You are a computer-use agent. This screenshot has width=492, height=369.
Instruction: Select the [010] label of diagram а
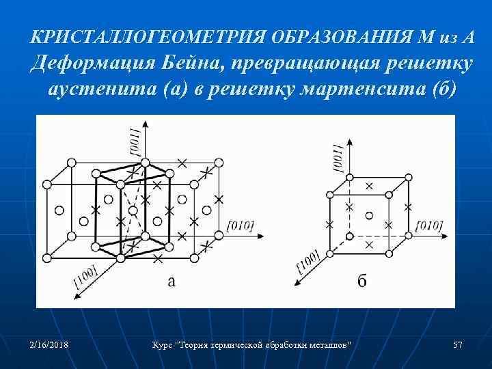pos(239,225)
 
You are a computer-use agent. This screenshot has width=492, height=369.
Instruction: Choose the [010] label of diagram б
pos(428,225)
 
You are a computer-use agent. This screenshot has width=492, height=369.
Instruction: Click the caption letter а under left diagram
pos(172,281)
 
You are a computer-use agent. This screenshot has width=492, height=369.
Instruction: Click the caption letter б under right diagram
pos(361,281)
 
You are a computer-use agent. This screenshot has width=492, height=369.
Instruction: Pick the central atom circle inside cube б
pos(370,215)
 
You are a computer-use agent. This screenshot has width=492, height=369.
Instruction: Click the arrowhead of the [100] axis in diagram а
pos(71,295)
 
